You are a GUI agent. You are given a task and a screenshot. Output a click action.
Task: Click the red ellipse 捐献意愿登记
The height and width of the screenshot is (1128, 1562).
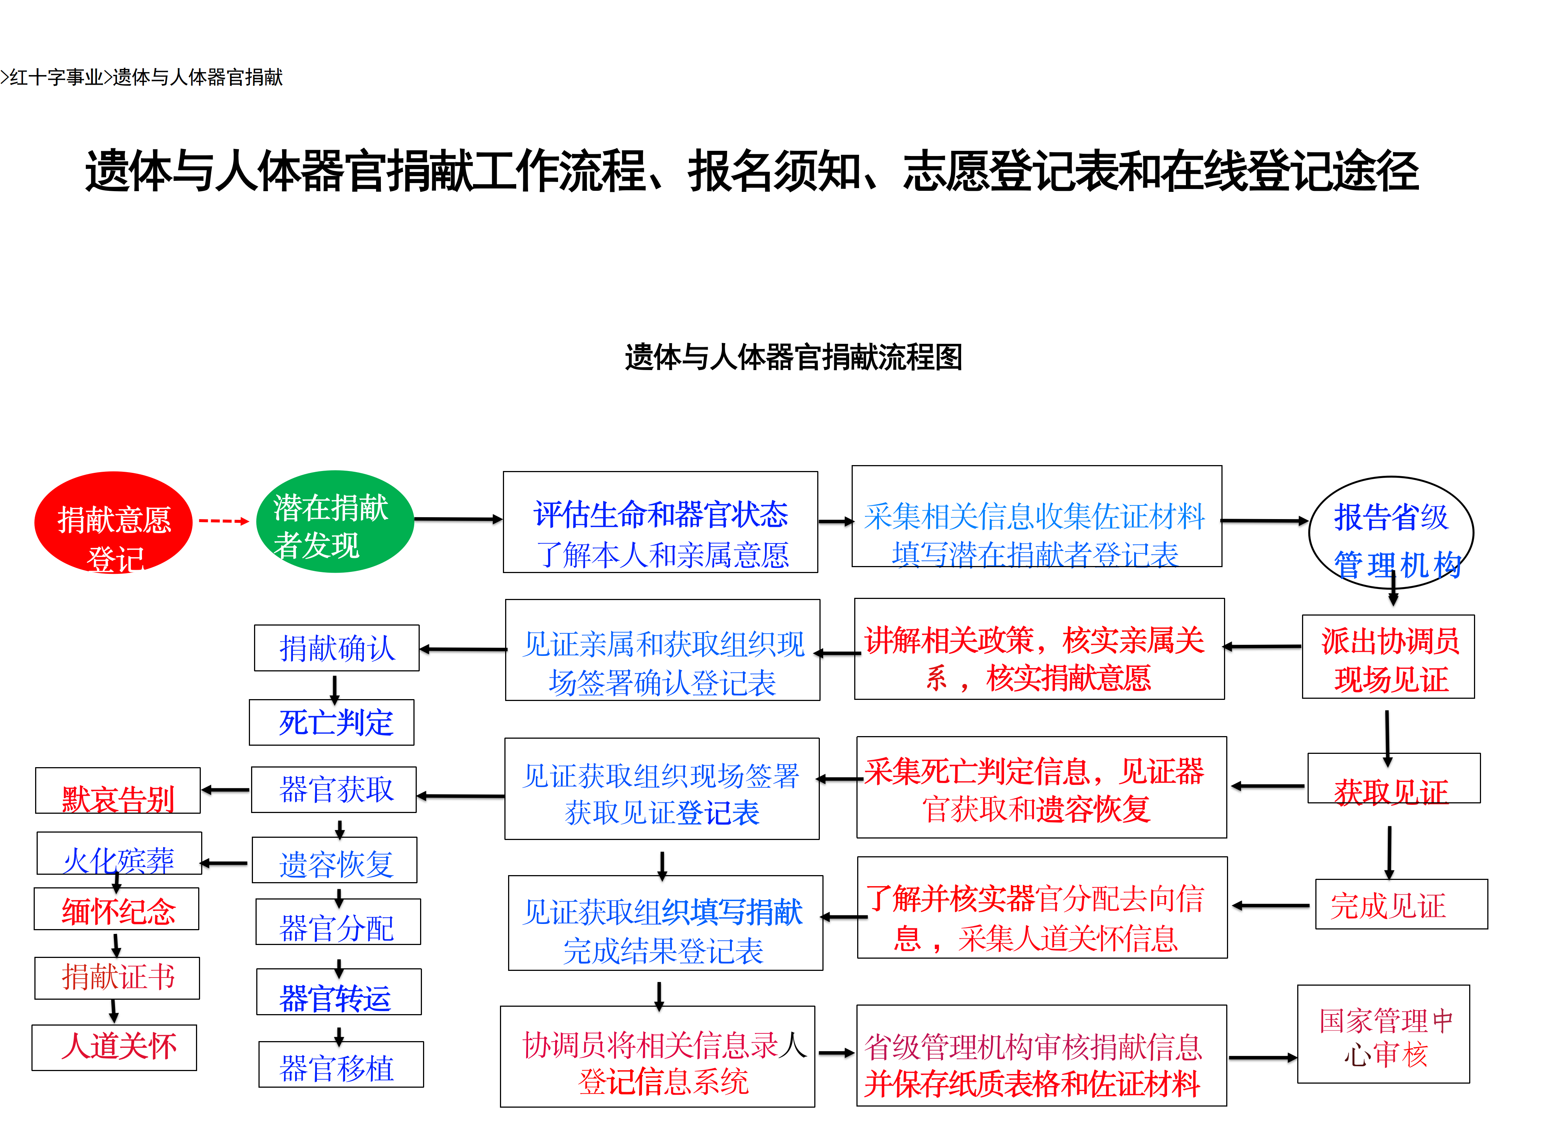pos(114,522)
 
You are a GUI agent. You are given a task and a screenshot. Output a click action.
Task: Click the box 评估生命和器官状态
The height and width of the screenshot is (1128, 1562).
pos(660,522)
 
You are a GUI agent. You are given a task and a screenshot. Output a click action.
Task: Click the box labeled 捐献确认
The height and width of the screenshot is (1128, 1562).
pos(337,648)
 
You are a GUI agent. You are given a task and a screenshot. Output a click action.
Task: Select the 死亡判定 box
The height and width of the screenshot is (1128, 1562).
pos(332,722)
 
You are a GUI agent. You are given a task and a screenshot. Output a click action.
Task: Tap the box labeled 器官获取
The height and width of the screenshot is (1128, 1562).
pos(334,790)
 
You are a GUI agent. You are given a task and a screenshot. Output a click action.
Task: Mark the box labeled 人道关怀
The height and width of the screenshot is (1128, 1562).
pos(114,1047)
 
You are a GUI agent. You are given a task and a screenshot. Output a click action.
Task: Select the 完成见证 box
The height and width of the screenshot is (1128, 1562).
pos(1402,904)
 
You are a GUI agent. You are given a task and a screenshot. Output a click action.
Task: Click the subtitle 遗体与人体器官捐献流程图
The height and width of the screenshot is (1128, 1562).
pos(794,358)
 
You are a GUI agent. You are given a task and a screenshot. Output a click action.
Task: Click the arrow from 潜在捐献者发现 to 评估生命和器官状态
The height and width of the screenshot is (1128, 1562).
pos(459,519)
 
